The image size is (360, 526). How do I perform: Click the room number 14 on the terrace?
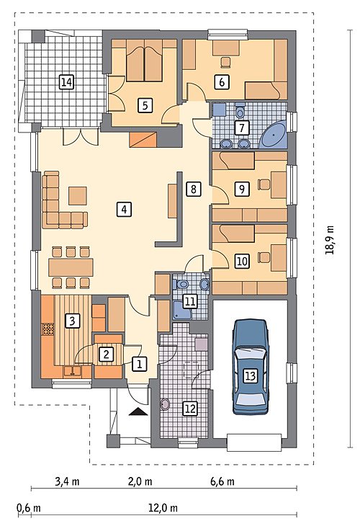point(66,82)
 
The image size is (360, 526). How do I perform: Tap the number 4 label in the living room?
point(124,210)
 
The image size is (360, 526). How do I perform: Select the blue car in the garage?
point(251,367)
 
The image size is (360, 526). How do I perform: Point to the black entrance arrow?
point(138,411)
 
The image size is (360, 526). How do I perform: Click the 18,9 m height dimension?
point(330,240)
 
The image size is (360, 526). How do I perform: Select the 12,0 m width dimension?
point(163,508)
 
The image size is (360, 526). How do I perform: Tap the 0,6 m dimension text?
point(29,508)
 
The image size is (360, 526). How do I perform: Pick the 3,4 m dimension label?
point(67,481)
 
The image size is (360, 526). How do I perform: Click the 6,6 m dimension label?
point(222,481)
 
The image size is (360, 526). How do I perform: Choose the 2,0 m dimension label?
point(140,481)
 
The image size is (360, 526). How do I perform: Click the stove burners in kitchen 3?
point(48,329)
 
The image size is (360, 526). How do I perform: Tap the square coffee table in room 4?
point(78,196)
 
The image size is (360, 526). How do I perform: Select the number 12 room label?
point(190,409)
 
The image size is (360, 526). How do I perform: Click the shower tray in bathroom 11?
point(182,311)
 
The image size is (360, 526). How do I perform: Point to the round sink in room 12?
point(166,404)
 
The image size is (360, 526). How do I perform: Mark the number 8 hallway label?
point(194,190)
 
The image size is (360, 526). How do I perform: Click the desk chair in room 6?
point(226,62)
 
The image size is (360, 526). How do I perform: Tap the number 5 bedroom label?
point(145,105)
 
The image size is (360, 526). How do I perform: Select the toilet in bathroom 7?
point(240,111)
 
